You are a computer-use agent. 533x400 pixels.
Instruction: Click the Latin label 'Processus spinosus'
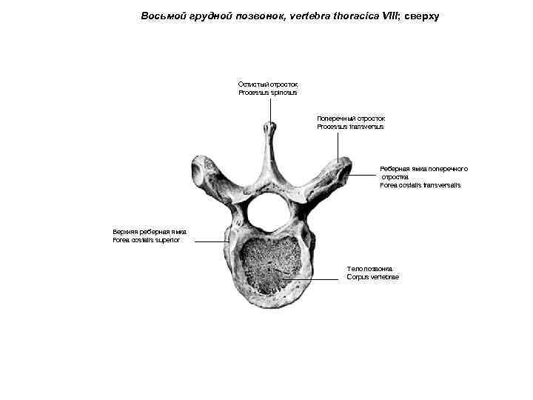pos(268,93)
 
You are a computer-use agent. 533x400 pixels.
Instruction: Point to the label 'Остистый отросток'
pos(268,84)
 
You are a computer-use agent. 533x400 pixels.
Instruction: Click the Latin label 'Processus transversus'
pos(350,127)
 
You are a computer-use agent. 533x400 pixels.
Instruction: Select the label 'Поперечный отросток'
pos(351,118)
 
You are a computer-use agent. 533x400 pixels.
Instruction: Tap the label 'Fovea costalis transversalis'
pos(420,185)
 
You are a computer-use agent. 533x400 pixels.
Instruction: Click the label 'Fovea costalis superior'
pos(146,240)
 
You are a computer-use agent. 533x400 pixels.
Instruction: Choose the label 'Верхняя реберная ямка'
pos(150,231)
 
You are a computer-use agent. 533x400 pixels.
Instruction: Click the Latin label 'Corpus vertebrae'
pos(372,277)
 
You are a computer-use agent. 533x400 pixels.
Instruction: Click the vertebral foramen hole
pos(266,212)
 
